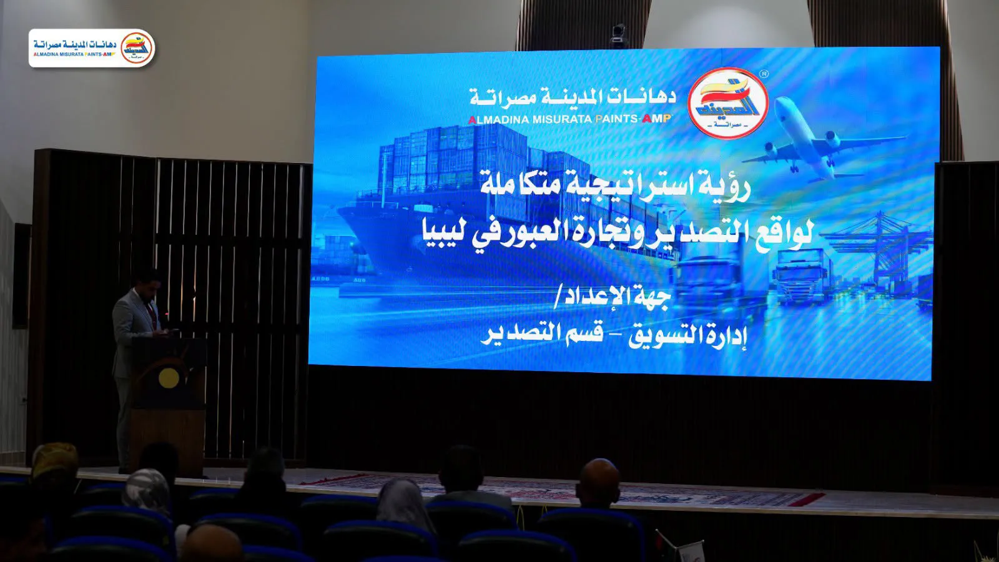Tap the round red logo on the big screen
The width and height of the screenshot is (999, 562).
click(728, 103)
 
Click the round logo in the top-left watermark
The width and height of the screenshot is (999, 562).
click(137, 48)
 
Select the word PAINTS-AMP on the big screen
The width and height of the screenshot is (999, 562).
click(634, 119)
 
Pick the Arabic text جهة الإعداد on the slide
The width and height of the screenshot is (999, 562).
click(613, 297)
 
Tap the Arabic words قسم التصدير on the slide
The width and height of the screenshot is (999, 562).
click(541, 334)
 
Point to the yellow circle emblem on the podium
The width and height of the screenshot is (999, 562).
click(169, 378)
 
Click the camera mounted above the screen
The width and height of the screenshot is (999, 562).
click(619, 36)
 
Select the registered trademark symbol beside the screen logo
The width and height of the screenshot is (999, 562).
click(764, 73)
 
